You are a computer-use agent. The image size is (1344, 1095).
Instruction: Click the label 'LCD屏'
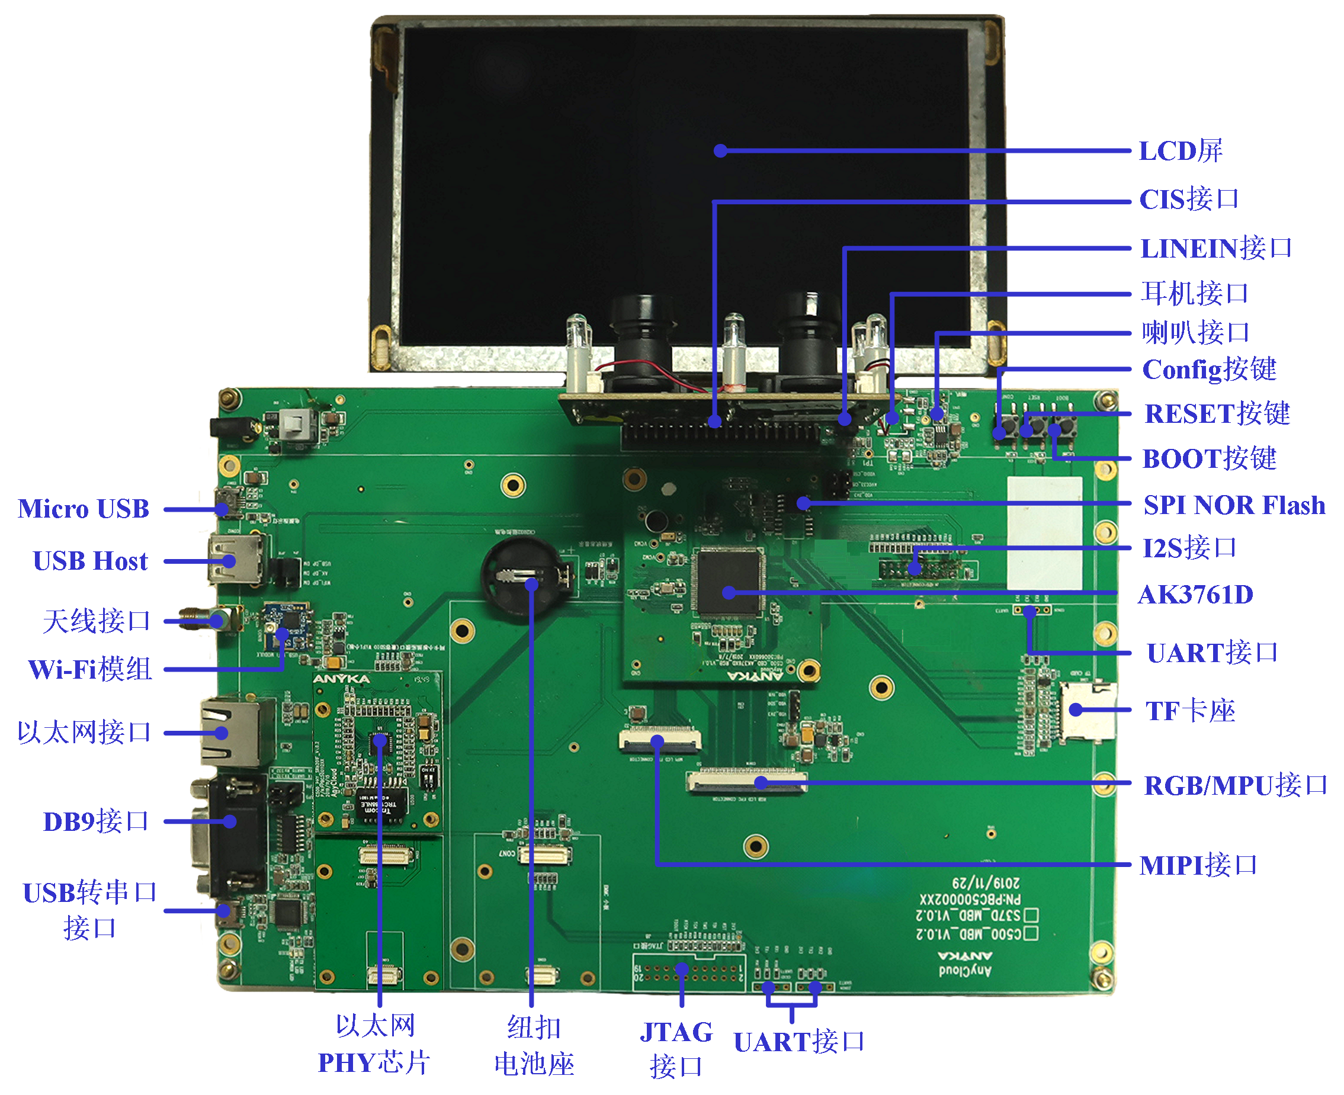pos(1180,152)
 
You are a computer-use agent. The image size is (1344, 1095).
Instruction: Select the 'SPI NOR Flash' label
pos(1234,505)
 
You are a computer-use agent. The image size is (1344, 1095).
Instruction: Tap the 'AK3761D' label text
pos(1195,594)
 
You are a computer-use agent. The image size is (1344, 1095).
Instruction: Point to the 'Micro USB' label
pos(84,508)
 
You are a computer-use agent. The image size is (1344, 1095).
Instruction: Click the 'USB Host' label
pos(90,561)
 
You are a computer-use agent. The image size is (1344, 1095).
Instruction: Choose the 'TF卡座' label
pos(1189,711)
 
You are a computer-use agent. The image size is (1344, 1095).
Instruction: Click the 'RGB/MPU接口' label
pos(1236,785)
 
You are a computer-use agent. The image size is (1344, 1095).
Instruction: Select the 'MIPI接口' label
pos(1198,865)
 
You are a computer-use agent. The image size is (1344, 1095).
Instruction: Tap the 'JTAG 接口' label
pos(676,1049)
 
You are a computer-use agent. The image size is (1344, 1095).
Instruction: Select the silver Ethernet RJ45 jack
pos(231,732)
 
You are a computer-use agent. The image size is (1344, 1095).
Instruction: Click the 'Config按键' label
pos(1208,370)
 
